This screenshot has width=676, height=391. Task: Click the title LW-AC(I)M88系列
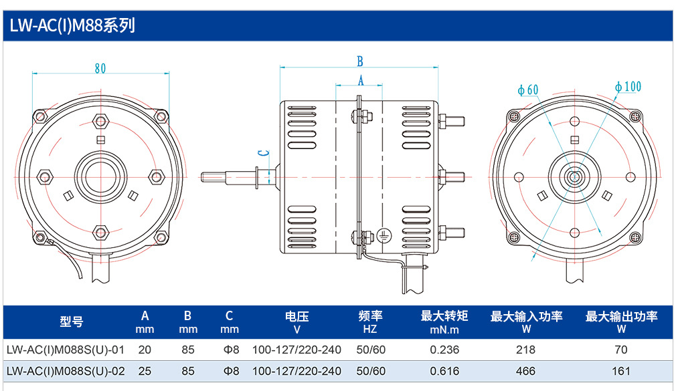[x=72, y=26]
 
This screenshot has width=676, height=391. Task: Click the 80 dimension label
[x=100, y=68]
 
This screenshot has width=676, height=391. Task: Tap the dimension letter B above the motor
[x=360, y=61]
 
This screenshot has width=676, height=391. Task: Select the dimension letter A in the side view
[x=361, y=80]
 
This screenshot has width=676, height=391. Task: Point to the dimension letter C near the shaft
[x=263, y=153]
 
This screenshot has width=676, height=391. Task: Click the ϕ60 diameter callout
[x=528, y=90]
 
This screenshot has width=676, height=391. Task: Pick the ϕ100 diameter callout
[x=628, y=87]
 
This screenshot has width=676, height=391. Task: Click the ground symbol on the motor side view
[x=384, y=235]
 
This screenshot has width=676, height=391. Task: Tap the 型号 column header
[x=71, y=321]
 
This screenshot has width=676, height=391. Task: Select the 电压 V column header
[x=297, y=323]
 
